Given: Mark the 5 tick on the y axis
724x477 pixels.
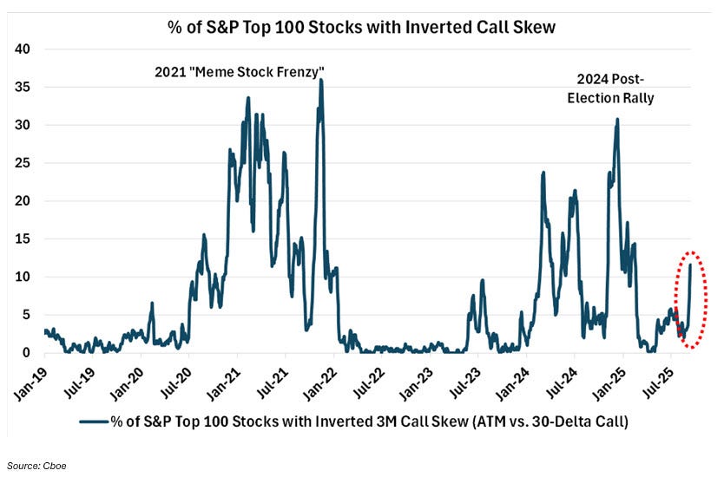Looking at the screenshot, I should (x=26, y=315).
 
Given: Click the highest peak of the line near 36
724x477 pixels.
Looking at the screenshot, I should (x=321, y=80).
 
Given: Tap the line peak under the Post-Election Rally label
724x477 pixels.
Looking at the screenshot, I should (x=617, y=120).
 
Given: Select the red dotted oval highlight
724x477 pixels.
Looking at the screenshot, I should (x=690, y=299).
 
